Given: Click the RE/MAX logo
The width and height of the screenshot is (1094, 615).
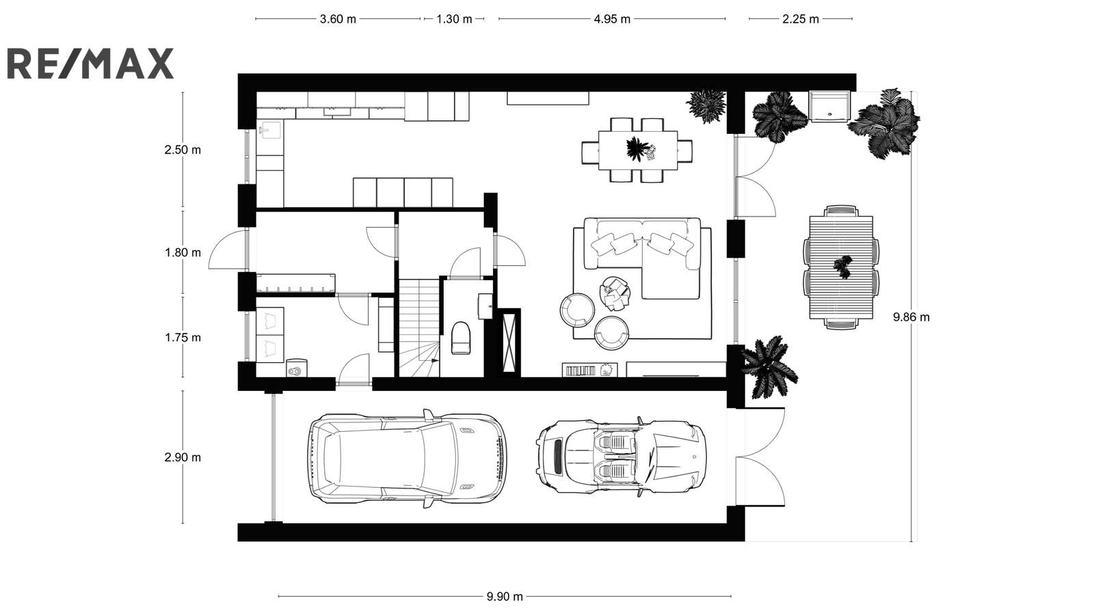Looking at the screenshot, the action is pyautogui.click(x=90, y=64).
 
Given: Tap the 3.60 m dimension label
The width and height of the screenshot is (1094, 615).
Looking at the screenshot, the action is pyautogui.click(x=338, y=19).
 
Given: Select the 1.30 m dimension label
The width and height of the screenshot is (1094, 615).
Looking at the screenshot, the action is pyautogui.click(x=454, y=19).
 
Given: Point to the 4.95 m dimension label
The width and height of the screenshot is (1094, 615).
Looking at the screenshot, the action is pyautogui.click(x=612, y=19).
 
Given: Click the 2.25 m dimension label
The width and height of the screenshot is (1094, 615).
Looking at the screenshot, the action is pyautogui.click(x=801, y=19).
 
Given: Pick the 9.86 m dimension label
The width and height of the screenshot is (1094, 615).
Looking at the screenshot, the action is pyautogui.click(x=911, y=317).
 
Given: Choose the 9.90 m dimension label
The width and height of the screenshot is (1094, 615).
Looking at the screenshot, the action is pyautogui.click(x=505, y=597).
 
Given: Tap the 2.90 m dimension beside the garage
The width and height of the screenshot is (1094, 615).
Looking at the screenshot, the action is pyautogui.click(x=183, y=457).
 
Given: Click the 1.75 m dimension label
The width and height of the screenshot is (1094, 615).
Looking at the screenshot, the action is pyautogui.click(x=183, y=338).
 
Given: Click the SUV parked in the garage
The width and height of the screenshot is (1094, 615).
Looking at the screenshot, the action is pyautogui.click(x=407, y=459).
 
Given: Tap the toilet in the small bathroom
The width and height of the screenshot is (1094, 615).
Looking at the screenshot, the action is pyautogui.click(x=462, y=338).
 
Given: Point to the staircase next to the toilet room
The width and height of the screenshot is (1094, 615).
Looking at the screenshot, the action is pyautogui.click(x=420, y=327).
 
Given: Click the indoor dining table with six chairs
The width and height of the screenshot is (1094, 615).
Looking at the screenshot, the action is pyautogui.click(x=637, y=150).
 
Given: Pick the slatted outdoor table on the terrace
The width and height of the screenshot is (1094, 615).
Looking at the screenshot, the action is pyautogui.click(x=841, y=267).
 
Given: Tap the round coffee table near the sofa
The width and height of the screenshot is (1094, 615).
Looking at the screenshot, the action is pyautogui.click(x=615, y=293).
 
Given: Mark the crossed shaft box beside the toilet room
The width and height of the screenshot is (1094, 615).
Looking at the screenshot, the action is pyautogui.click(x=509, y=342).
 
